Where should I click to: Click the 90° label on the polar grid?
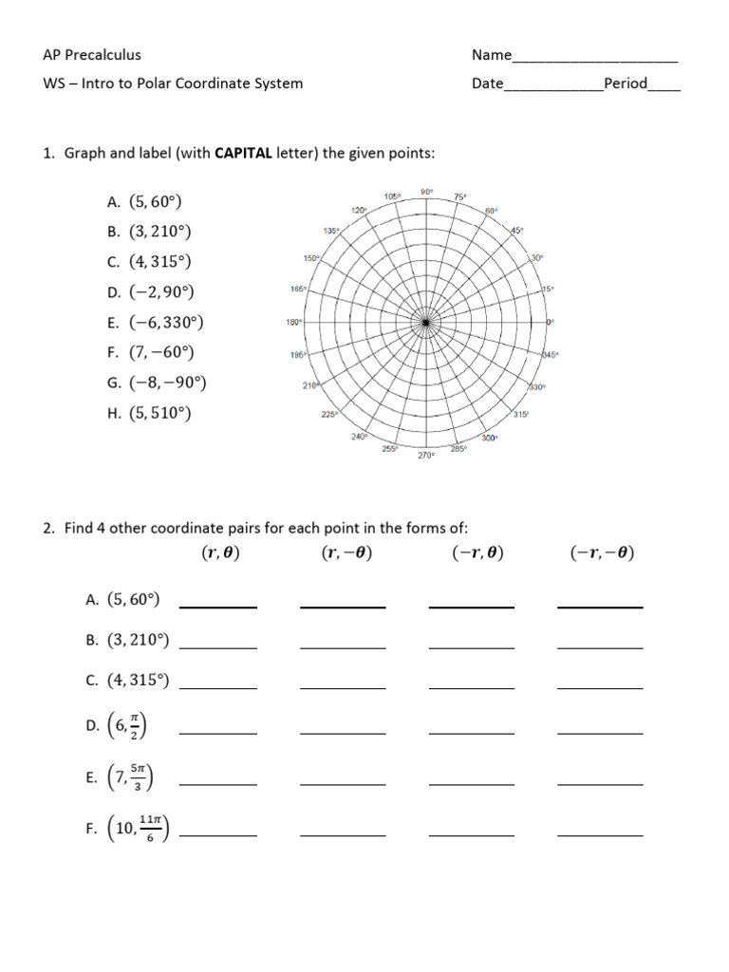(426, 192)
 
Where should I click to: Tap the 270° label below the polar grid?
(426, 456)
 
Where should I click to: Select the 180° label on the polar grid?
(293, 323)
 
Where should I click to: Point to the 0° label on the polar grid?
(550, 323)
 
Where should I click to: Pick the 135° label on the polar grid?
(331, 231)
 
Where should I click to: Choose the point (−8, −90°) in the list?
(168, 383)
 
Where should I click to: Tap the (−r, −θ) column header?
(602, 553)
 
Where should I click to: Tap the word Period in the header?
(626, 84)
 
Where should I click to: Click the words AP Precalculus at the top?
(92, 55)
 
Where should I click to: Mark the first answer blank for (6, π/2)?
(218, 733)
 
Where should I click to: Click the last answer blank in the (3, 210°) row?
(600, 647)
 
